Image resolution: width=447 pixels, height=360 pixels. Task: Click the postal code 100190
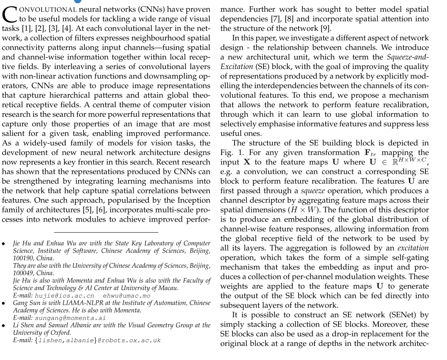[23, 258]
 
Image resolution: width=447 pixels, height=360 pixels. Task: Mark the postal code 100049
[23, 273]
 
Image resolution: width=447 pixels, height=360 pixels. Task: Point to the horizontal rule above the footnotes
[106, 232]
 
